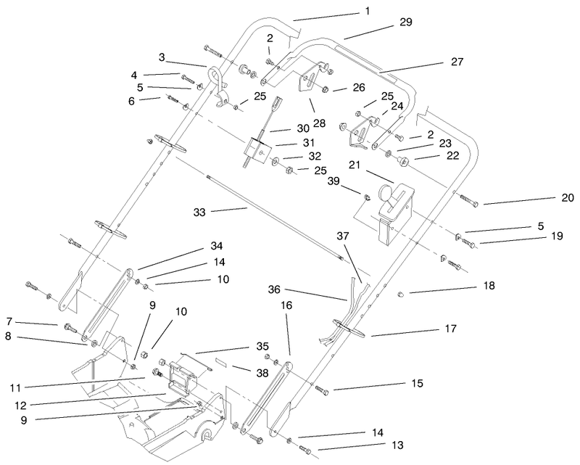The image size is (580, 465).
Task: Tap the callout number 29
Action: pos(405,23)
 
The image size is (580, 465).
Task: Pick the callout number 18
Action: pos(489,286)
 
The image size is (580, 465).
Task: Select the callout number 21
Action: pos(355,165)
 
